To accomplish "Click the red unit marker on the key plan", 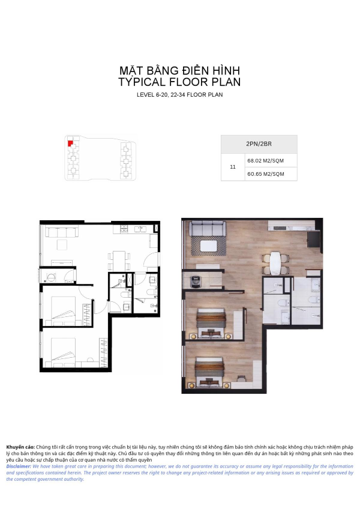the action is click(70, 143).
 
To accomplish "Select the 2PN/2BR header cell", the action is click(259, 144).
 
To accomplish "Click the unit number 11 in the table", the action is click(232, 167).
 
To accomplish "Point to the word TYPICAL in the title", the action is click(142, 82).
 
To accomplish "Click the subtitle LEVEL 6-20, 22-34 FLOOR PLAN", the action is click(179, 95).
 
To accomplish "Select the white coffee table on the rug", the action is click(209, 245).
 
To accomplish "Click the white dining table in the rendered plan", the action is click(275, 264).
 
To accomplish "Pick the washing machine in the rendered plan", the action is click(195, 281).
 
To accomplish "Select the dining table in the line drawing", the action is click(119, 261).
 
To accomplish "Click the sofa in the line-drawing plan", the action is click(62, 233).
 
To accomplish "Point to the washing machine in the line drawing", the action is click(51, 277).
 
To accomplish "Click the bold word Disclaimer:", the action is click(19, 466).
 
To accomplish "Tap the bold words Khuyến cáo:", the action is click(20, 447).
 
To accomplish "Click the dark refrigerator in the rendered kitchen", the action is click(314, 239).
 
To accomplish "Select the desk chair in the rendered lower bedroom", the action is click(241, 378).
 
